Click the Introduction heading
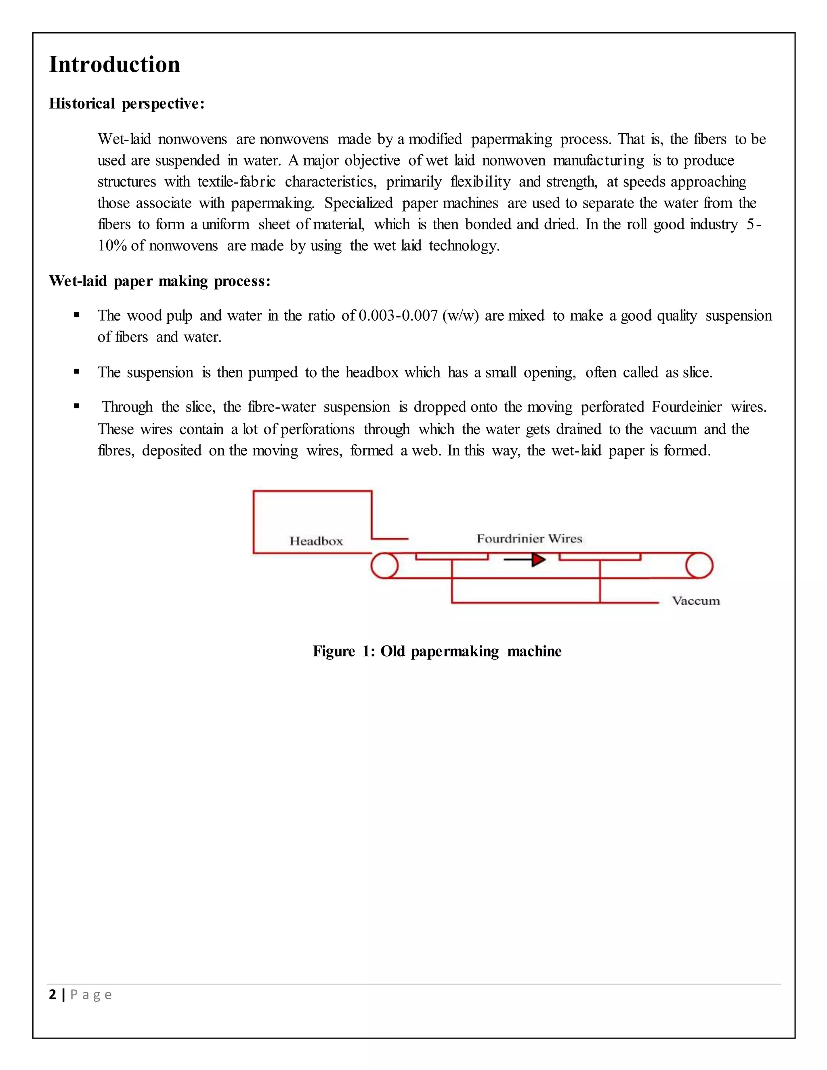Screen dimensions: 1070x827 [115, 65]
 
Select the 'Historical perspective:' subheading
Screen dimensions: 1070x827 [126, 103]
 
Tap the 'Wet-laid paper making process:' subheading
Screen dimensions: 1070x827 [160, 281]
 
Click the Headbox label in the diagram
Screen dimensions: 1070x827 [316, 541]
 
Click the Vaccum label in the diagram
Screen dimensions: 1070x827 [695, 601]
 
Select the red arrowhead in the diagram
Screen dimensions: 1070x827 [538, 560]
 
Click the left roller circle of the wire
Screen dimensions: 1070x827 [384, 565]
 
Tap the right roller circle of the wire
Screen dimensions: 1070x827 [699, 565]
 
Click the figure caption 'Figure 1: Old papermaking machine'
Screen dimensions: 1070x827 [437, 651]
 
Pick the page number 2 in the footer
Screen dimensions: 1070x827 [52, 994]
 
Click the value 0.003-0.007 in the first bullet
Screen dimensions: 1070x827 [398, 315]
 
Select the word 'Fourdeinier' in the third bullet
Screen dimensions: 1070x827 [686, 407]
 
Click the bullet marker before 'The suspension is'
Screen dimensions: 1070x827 [77, 372]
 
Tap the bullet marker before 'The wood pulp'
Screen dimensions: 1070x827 [77, 315]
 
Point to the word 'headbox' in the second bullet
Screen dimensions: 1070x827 [372, 372]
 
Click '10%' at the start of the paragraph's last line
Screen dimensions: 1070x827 [112, 245]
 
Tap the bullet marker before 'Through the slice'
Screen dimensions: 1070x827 [77, 406]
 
